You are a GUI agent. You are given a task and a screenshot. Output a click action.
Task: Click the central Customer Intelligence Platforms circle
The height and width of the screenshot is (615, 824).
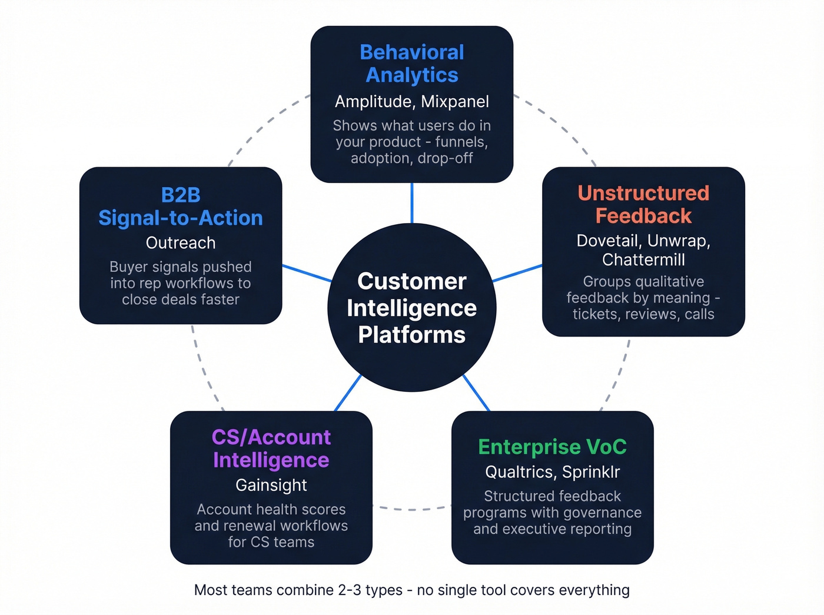pyautogui.click(x=412, y=307)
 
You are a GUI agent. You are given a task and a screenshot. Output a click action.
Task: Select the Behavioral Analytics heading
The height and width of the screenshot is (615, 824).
pyautogui.click(x=412, y=64)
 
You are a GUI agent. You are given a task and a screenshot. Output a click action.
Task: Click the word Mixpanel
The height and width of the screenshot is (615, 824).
pyautogui.click(x=455, y=102)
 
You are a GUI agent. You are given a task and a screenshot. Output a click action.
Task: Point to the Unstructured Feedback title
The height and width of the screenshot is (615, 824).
pyautogui.click(x=643, y=204)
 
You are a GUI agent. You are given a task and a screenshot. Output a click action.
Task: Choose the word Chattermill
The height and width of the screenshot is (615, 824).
pyautogui.click(x=643, y=260)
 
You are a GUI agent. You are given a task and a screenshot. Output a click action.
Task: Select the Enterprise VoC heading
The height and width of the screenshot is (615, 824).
pyautogui.click(x=552, y=447)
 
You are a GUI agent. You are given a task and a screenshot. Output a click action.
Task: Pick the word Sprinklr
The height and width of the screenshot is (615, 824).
pyautogui.click(x=591, y=472)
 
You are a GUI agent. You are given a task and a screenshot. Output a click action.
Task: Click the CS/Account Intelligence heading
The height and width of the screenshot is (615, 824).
pyautogui.click(x=271, y=448)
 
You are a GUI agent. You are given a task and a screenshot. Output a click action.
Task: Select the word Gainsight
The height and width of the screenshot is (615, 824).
pyautogui.click(x=271, y=485)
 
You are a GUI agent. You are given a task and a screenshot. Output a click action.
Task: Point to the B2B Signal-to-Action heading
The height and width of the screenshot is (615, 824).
pyautogui.click(x=181, y=207)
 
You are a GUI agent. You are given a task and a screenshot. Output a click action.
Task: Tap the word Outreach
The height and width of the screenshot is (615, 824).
pyautogui.click(x=181, y=242)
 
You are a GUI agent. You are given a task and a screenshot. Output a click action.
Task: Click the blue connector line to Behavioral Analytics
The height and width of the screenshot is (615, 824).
pyautogui.click(x=412, y=203)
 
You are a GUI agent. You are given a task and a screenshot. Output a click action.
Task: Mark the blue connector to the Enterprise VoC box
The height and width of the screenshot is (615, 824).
pyautogui.click(x=476, y=393)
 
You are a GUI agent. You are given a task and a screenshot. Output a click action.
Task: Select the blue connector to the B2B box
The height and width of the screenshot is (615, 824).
pyautogui.click(x=307, y=273)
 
